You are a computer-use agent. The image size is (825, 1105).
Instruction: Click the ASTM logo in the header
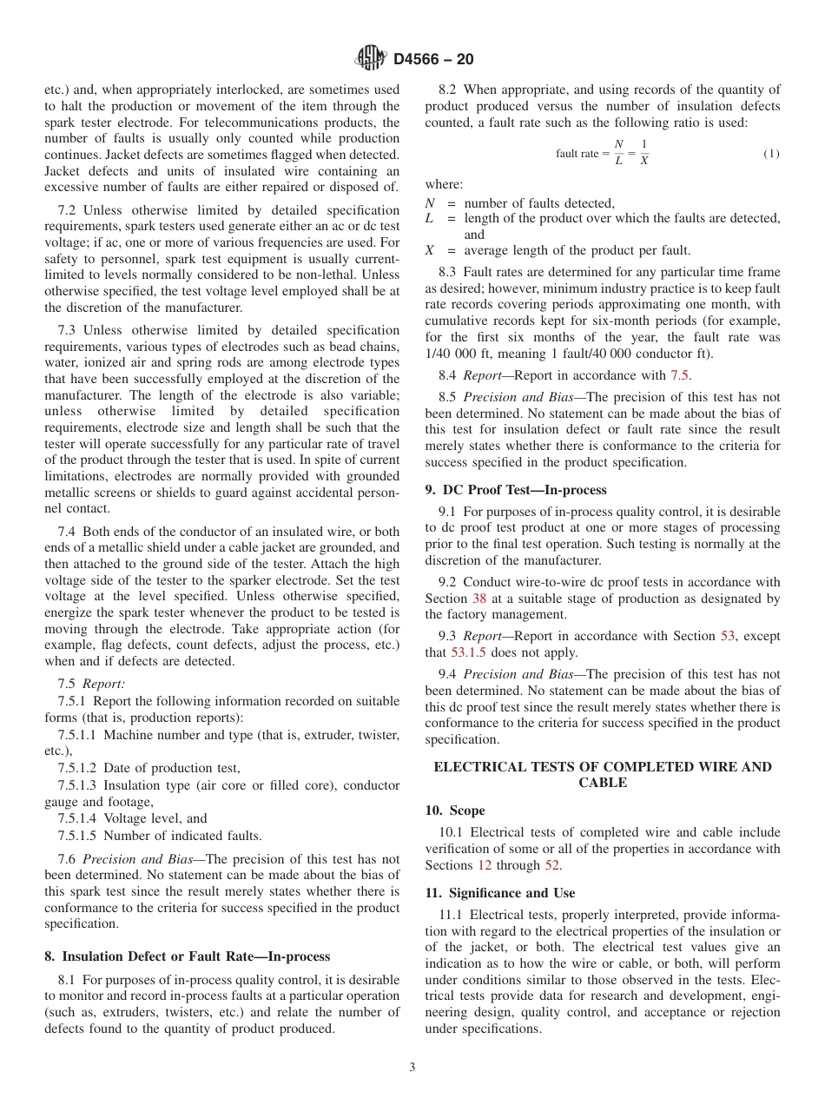tap(371, 59)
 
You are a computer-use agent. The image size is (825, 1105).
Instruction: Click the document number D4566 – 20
tap(433, 59)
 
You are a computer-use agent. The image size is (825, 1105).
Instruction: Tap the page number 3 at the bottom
tap(412, 1068)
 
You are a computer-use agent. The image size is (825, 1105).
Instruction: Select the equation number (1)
tap(771, 154)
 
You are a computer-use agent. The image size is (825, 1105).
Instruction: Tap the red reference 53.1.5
tap(467, 652)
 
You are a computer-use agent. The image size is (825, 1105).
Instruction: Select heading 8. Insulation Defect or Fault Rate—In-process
tap(187, 956)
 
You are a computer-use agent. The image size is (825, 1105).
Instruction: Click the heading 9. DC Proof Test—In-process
tap(516, 490)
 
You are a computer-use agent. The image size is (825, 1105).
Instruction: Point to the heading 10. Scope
tap(455, 811)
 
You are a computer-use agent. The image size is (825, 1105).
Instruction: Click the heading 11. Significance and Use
tap(499, 893)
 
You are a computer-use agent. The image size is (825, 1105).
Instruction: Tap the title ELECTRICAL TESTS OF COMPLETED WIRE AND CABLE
tap(602, 774)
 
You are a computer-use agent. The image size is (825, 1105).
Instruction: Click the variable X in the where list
tap(429, 250)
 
